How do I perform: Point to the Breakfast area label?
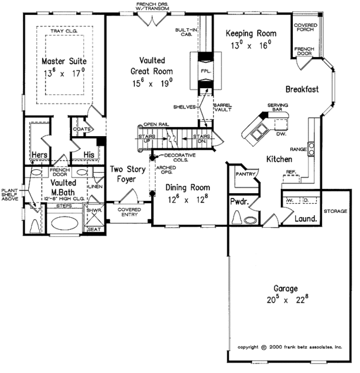301,89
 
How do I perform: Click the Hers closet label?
40,155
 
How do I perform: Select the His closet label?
89,155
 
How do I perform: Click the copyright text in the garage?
289,347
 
